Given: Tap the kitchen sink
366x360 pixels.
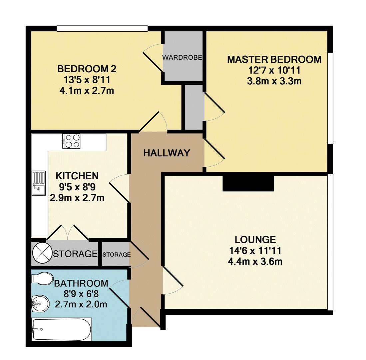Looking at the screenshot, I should point(38,183).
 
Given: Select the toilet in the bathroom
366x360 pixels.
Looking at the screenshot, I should point(43,279).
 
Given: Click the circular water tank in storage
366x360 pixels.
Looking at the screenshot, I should point(42,254).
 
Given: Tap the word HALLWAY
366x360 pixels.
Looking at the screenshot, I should point(167,153).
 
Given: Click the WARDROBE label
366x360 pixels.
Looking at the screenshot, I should point(182,57).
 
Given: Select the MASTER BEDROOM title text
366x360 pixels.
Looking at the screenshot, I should point(274,59).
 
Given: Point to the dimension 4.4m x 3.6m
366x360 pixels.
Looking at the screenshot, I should point(255,261).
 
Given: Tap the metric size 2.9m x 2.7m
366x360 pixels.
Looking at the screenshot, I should point(77,198).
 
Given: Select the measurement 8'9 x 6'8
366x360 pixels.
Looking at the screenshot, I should point(81,294).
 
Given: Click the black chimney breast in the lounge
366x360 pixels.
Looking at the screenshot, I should point(248,183).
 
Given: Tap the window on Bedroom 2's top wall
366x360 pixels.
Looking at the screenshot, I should point(102,29).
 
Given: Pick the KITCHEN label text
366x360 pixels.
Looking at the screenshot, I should point(77,176).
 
